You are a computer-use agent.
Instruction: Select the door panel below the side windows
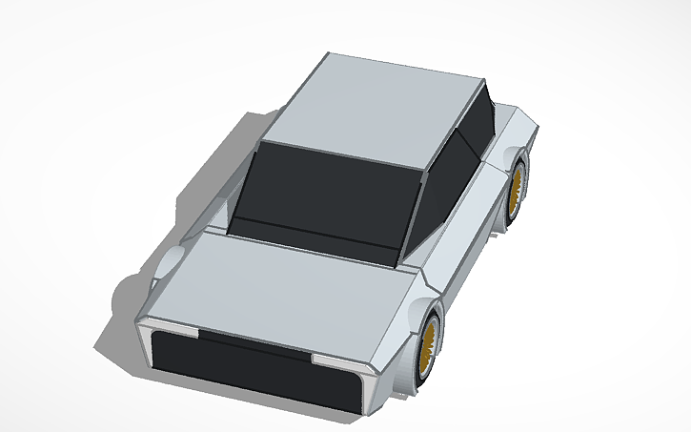[x=457, y=248]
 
